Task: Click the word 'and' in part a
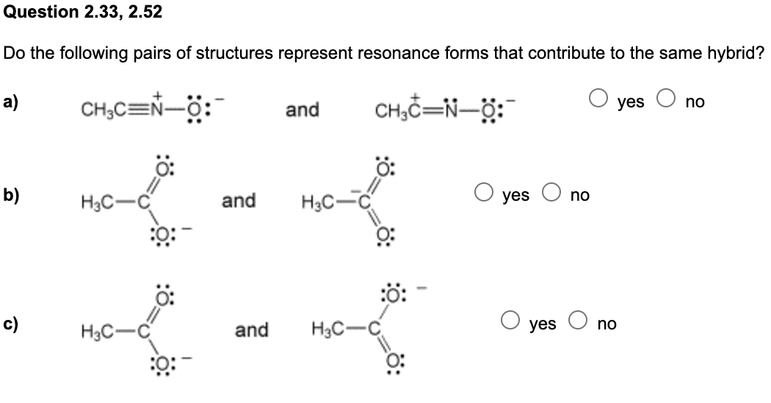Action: (303, 110)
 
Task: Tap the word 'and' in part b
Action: (239, 199)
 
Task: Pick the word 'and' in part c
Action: (252, 329)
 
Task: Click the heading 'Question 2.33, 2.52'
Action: (84, 12)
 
